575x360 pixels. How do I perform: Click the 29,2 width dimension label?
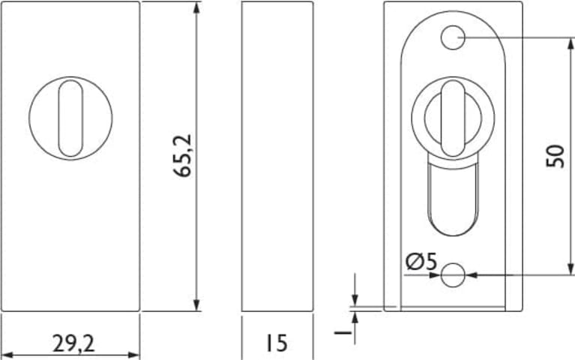coord(73,343)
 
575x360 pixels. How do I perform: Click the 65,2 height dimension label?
coord(183,155)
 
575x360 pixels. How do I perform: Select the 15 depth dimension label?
coord(276,343)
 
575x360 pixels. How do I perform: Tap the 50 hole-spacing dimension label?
coord(555,156)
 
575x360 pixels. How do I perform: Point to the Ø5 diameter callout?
coord(422,262)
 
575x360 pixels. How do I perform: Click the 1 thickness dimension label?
coord(343,332)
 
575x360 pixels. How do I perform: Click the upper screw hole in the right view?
coord(453,37)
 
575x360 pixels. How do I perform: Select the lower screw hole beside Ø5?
coord(453,274)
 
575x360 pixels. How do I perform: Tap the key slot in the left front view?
coord(70,118)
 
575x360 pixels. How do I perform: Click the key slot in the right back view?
coord(453,118)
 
